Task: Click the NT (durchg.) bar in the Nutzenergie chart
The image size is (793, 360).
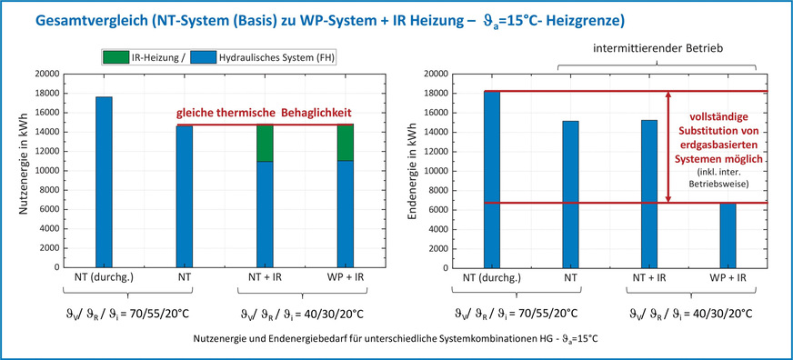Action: pos(104,182)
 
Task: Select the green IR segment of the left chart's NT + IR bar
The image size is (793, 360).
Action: pos(264,143)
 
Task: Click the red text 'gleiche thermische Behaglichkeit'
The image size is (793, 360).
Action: pos(264,113)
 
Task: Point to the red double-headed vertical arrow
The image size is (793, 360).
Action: pos(668,145)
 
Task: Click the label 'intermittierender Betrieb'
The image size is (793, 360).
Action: pos(658,45)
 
